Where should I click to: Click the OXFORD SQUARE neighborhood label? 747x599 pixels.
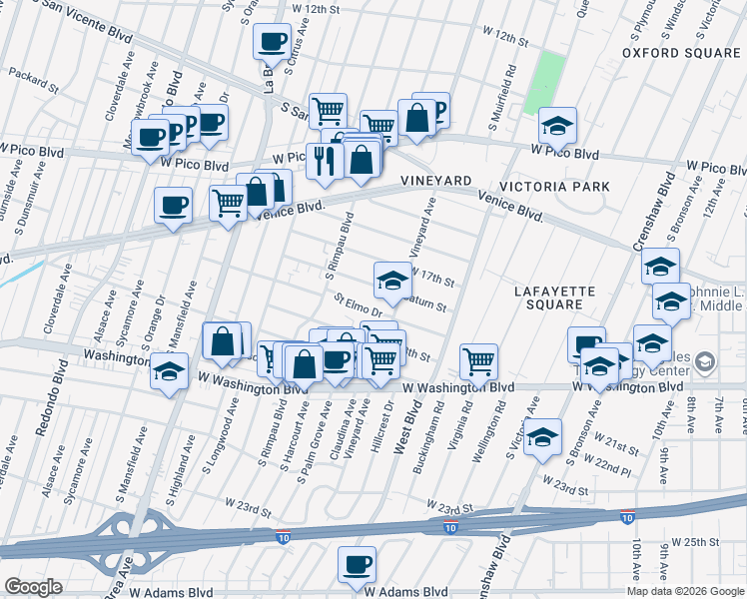pyautogui.click(x=680, y=52)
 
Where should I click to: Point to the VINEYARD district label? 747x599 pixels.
pyautogui.click(x=435, y=180)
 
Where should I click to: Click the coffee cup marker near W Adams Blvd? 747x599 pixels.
pyautogui.click(x=357, y=564)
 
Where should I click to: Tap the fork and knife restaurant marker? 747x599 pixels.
pyautogui.click(x=323, y=160)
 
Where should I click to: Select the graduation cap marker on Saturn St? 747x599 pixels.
pyautogui.click(x=392, y=280)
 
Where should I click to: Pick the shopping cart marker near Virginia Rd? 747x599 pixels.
pyautogui.click(x=479, y=361)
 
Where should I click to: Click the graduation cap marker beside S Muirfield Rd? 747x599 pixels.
pyautogui.click(x=557, y=125)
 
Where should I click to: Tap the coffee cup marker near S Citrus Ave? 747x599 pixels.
pyautogui.click(x=272, y=43)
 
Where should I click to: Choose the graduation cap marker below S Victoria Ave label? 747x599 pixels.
pyautogui.click(x=542, y=437)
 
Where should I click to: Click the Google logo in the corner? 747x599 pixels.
pyautogui.click(x=33, y=587)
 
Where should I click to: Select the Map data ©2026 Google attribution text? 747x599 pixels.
pyautogui.click(x=685, y=591)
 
